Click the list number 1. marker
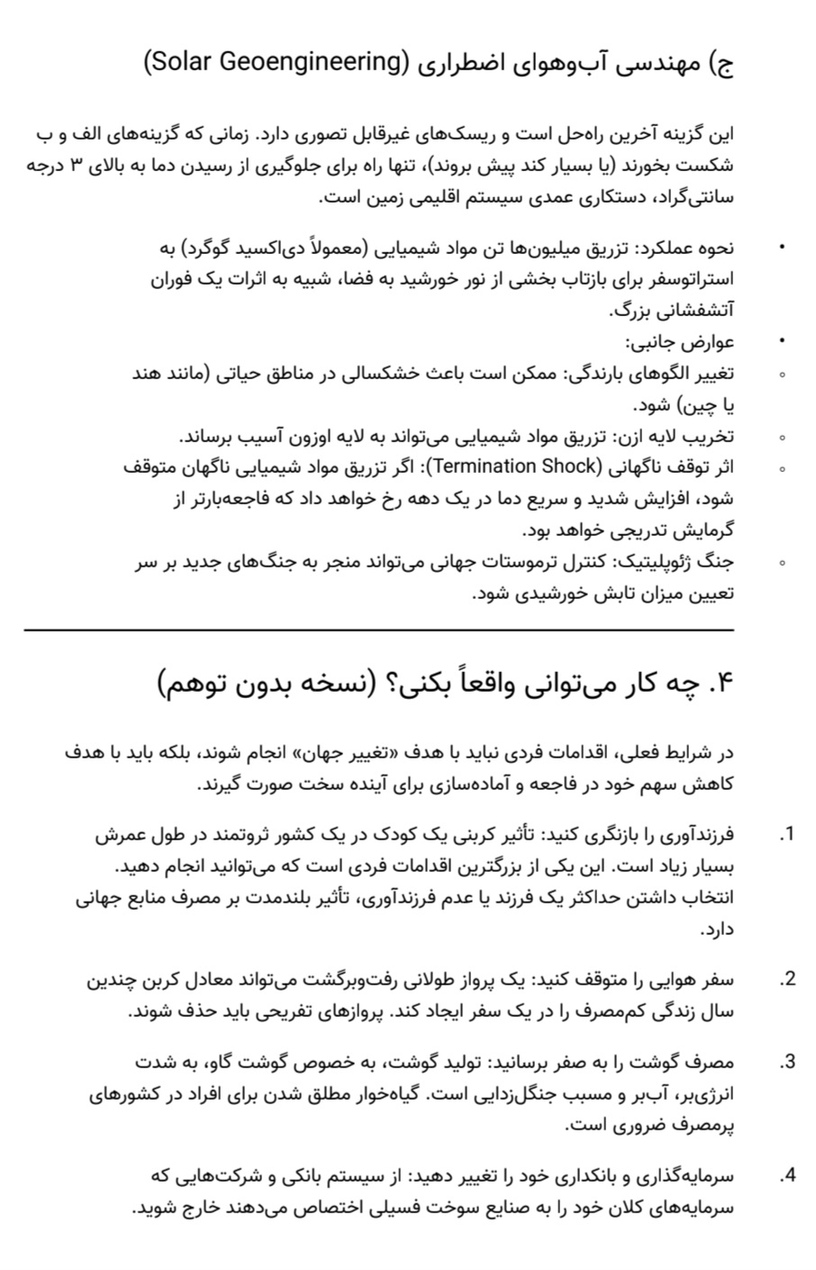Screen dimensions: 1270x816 pos(787,834)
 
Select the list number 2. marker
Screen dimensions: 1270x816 pos(787,979)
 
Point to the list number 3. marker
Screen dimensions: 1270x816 pos(787,1061)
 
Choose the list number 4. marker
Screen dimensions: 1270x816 pos(787,1175)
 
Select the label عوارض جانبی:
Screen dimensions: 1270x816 pos(681,342)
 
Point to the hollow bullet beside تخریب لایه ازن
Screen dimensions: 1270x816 pos(783,438)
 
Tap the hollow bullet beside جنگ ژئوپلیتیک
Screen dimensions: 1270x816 pos(783,562)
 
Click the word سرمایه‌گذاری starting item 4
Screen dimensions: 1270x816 pos(685,1175)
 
